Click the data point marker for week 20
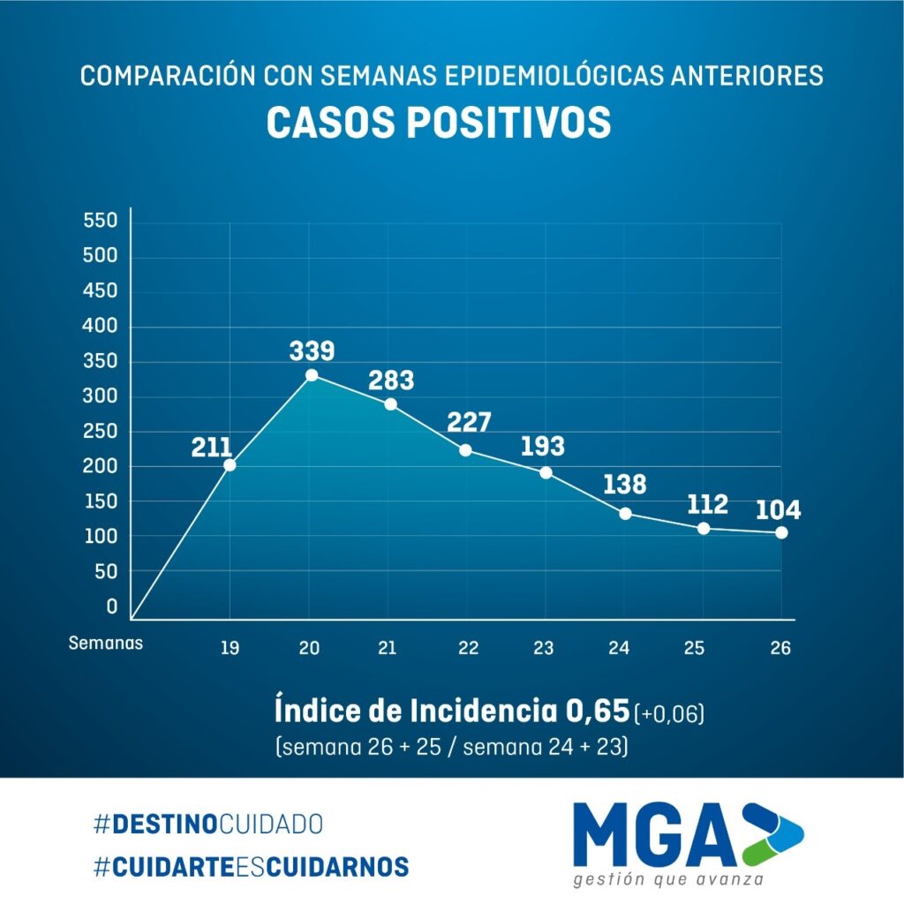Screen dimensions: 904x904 (x=312, y=375)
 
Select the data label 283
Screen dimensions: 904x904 (x=391, y=380)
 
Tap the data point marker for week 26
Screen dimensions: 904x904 (x=781, y=532)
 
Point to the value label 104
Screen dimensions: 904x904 (x=778, y=510)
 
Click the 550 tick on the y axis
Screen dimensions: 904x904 (x=100, y=221)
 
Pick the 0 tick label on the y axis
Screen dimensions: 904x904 (x=112, y=606)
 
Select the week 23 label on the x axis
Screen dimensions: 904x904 (x=543, y=648)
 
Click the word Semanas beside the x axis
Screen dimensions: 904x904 (x=105, y=643)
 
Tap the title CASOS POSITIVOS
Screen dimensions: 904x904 (x=439, y=124)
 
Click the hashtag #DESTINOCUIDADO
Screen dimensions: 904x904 (x=207, y=825)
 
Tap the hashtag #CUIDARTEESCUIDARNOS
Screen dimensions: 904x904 (x=251, y=866)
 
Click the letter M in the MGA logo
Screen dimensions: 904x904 (x=609, y=834)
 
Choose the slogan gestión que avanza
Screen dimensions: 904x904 (x=667, y=879)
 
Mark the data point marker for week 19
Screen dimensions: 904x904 (x=230, y=465)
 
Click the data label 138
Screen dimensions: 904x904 (x=625, y=485)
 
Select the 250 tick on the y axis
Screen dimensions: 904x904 (x=100, y=432)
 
